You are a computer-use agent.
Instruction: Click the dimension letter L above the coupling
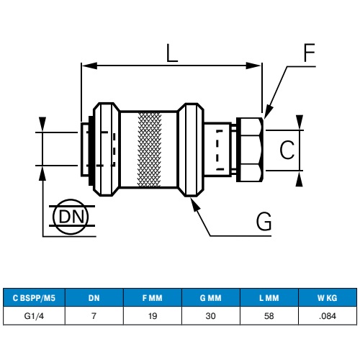172,53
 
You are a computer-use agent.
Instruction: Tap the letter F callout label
309,53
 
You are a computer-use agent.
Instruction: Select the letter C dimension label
287,150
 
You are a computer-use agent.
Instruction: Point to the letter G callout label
264,221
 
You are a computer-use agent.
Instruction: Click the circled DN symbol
71,217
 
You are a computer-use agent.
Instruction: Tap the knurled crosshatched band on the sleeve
149,149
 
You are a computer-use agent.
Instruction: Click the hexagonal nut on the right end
250,150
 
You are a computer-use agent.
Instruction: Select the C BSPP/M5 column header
34,298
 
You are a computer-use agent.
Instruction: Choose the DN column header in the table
94,298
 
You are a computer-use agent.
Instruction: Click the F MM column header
153,298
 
